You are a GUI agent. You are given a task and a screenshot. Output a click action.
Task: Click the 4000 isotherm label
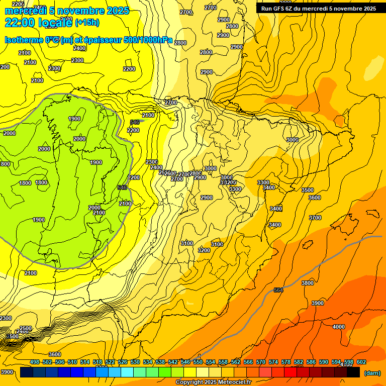(339, 327)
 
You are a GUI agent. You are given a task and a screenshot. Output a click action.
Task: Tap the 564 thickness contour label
(278, 290)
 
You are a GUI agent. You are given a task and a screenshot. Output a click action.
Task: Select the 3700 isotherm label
(315, 218)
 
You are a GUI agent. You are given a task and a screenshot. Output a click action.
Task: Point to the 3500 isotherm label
(307, 190)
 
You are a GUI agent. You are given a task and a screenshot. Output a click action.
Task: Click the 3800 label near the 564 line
(308, 283)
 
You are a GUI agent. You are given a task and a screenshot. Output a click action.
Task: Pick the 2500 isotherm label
(25, 328)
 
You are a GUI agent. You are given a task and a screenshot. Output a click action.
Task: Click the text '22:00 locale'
(38, 22)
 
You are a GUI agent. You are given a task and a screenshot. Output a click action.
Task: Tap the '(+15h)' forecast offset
(87, 23)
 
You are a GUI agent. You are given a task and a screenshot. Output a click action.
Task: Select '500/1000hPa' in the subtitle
(149, 40)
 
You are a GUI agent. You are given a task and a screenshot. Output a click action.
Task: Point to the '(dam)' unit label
(372, 373)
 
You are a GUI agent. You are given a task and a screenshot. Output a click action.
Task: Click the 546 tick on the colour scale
(185, 362)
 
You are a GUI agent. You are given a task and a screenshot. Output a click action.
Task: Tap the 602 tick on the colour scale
(361, 362)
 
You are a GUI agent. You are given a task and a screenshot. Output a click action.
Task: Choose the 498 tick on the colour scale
(35, 362)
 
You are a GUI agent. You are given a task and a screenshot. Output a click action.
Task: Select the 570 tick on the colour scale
(260, 362)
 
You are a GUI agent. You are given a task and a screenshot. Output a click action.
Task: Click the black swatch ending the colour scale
(353, 372)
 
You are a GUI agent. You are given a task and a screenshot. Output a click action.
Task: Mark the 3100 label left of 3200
(186, 243)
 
